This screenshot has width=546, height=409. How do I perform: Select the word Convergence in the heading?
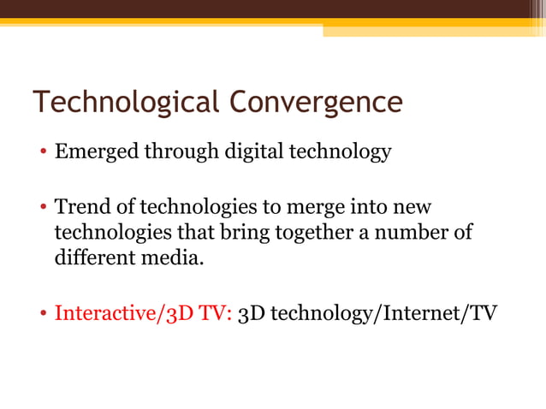click(314, 103)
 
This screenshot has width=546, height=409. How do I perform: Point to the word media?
click(181, 257)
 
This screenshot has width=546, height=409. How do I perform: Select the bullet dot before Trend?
click(44, 209)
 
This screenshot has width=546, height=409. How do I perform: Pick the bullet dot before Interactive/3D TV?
click(44, 313)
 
